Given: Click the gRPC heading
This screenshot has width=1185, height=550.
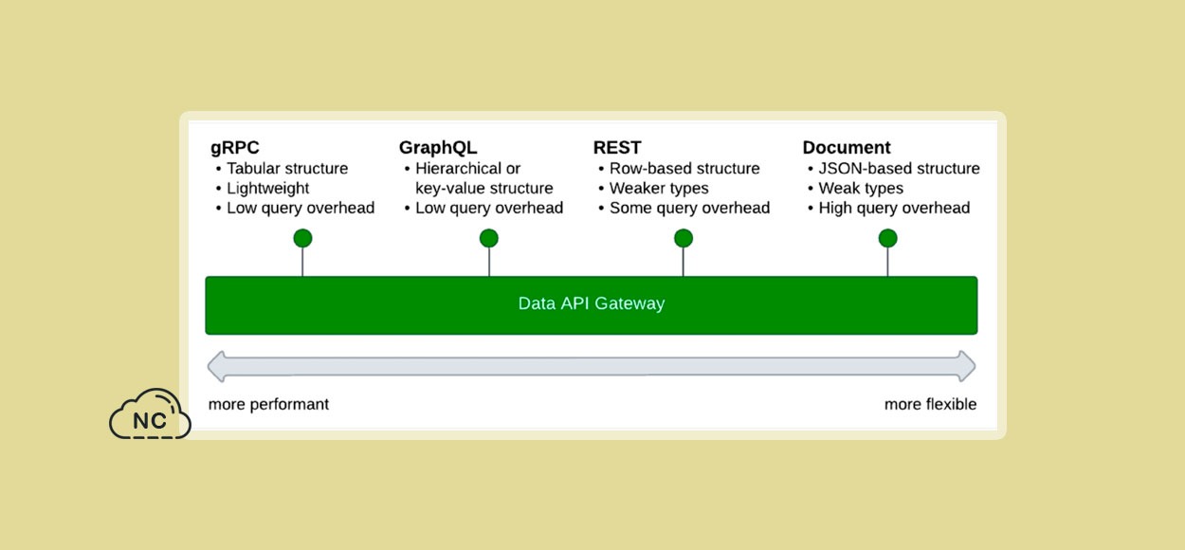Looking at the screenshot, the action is [235, 148].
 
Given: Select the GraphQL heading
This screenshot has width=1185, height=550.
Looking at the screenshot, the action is [438, 148].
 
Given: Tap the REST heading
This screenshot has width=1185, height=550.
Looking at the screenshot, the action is [617, 147].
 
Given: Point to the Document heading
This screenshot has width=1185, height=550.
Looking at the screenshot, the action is [847, 147].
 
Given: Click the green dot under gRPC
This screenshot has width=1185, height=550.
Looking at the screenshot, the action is [302, 238].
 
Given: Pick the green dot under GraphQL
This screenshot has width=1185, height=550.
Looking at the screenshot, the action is [489, 238].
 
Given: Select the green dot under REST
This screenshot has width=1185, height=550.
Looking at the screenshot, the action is [684, 238].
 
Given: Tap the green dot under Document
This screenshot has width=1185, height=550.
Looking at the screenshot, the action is [887, 238].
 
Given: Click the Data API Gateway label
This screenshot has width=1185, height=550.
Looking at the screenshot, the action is [592, 303].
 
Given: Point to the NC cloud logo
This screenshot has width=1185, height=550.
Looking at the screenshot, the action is [150, 414].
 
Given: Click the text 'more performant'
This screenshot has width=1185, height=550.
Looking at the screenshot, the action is [268, 404].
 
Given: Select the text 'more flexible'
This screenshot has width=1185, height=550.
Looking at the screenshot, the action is [931, 404].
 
